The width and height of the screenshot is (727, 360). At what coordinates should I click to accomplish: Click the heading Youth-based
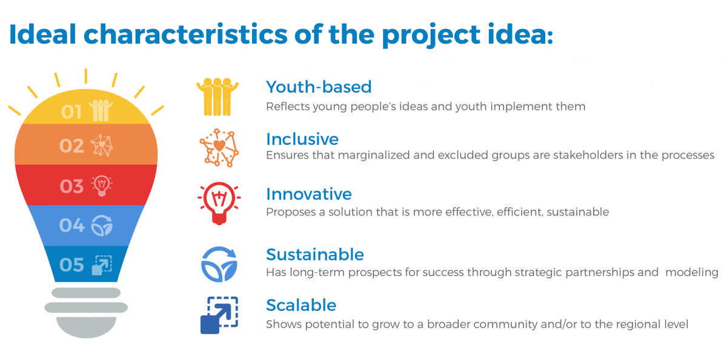coord(319,87)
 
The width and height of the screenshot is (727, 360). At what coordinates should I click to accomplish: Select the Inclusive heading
coord(302,139)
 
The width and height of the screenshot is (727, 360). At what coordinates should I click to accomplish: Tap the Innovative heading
coord(308,194)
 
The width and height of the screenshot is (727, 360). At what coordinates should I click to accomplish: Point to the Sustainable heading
coord(315,254)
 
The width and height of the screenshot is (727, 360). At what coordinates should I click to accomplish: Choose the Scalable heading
coord(301,305)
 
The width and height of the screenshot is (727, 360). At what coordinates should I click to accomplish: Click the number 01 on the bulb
coord(71,112)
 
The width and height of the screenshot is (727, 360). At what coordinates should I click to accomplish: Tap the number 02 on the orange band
coord(71,146)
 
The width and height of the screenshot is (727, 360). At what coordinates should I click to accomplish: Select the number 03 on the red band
coord(71,186)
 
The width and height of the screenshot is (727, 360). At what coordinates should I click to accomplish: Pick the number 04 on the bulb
coord(71,225)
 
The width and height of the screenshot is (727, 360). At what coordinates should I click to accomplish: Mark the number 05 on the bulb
coord(71,265)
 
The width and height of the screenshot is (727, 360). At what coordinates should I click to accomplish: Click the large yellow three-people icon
coord(217,97)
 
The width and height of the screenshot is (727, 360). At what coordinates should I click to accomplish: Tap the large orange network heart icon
coord(219,148)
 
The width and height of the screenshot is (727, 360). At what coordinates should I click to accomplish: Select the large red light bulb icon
coord(219,203)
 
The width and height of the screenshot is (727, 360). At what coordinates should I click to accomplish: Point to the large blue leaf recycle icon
coord(219,264)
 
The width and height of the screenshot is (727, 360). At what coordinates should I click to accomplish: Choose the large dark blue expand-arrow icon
coord(219,315)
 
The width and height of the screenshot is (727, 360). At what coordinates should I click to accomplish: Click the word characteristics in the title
coord(185,35)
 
